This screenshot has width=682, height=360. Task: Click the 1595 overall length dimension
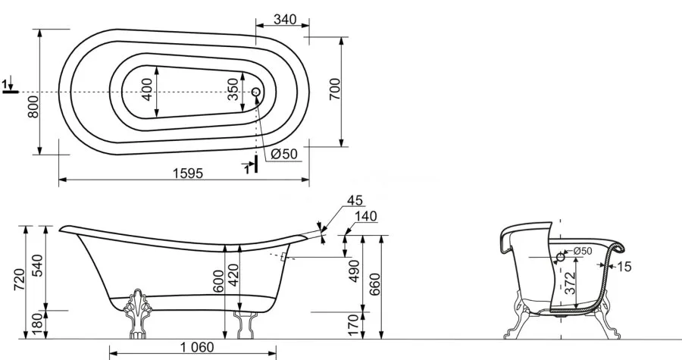click(x=188, y=173)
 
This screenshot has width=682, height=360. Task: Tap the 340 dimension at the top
click(x=286, y=20)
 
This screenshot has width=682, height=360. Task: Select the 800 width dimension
click(x=33, y=107)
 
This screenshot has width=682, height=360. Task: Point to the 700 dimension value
click(x=335, y=89)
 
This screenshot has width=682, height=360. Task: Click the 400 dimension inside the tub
click(x=147, y=89)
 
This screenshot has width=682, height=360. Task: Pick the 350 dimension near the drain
click(x=233, y=89)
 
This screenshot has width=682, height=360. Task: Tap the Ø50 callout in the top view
click(x=283, y=154)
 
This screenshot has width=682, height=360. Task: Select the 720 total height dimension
click(x=19, y=280)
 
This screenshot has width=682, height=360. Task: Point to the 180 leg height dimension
click(x=37, y=323)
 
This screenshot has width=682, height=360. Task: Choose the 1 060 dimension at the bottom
click(x=197, y=347)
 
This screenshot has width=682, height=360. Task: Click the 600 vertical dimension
click(x=219, y=281)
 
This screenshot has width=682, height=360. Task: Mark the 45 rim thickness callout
click(x=355, y=200)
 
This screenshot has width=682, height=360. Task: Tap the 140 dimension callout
click(x=366, y=216)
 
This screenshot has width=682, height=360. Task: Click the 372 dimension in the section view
click(x=570, y=283)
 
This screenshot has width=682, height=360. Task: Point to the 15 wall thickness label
click(x=624, y=267)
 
